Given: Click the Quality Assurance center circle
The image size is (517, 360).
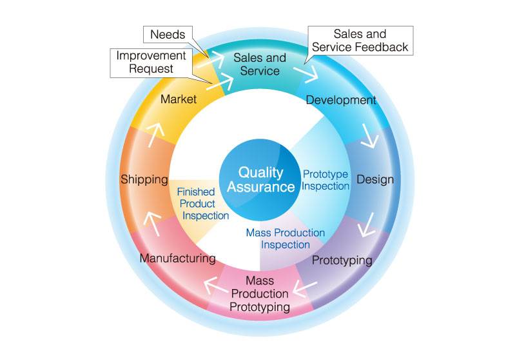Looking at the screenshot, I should pyautogui.click(x=260, y=180).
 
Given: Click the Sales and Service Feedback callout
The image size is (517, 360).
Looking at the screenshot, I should pyautogui.click(x=359, y=41).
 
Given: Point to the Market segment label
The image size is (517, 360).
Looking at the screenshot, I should pyautogui.click(x=179, y=99).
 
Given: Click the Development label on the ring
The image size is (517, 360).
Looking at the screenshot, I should pyautogui.click(x=340, y=100).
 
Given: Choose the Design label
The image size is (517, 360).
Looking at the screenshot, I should pyautogui.click(x=375, y=179).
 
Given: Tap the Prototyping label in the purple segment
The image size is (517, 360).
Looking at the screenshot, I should pyautogui.click(x=342, y=261).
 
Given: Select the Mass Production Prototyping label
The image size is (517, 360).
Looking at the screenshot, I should pyautogui.click(x=260, y=294).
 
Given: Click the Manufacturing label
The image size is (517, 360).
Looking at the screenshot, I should pyautogui.click(x=177, y=259).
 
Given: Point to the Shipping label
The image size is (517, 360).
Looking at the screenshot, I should pyautogui.click(x=144, y=179).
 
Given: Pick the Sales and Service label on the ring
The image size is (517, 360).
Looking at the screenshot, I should pyautogui.click(x=260, y=64).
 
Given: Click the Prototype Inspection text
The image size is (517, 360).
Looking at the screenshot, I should pyautogui.click(x=326, y=180).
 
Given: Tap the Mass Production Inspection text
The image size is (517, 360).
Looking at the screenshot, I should pyautogui.click(x=286, y=238).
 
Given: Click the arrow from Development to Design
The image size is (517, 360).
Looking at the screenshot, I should pyautogui.click(x=370, y=137).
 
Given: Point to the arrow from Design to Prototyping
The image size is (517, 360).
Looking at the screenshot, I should pyautogui.click(x=369, y=225).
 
